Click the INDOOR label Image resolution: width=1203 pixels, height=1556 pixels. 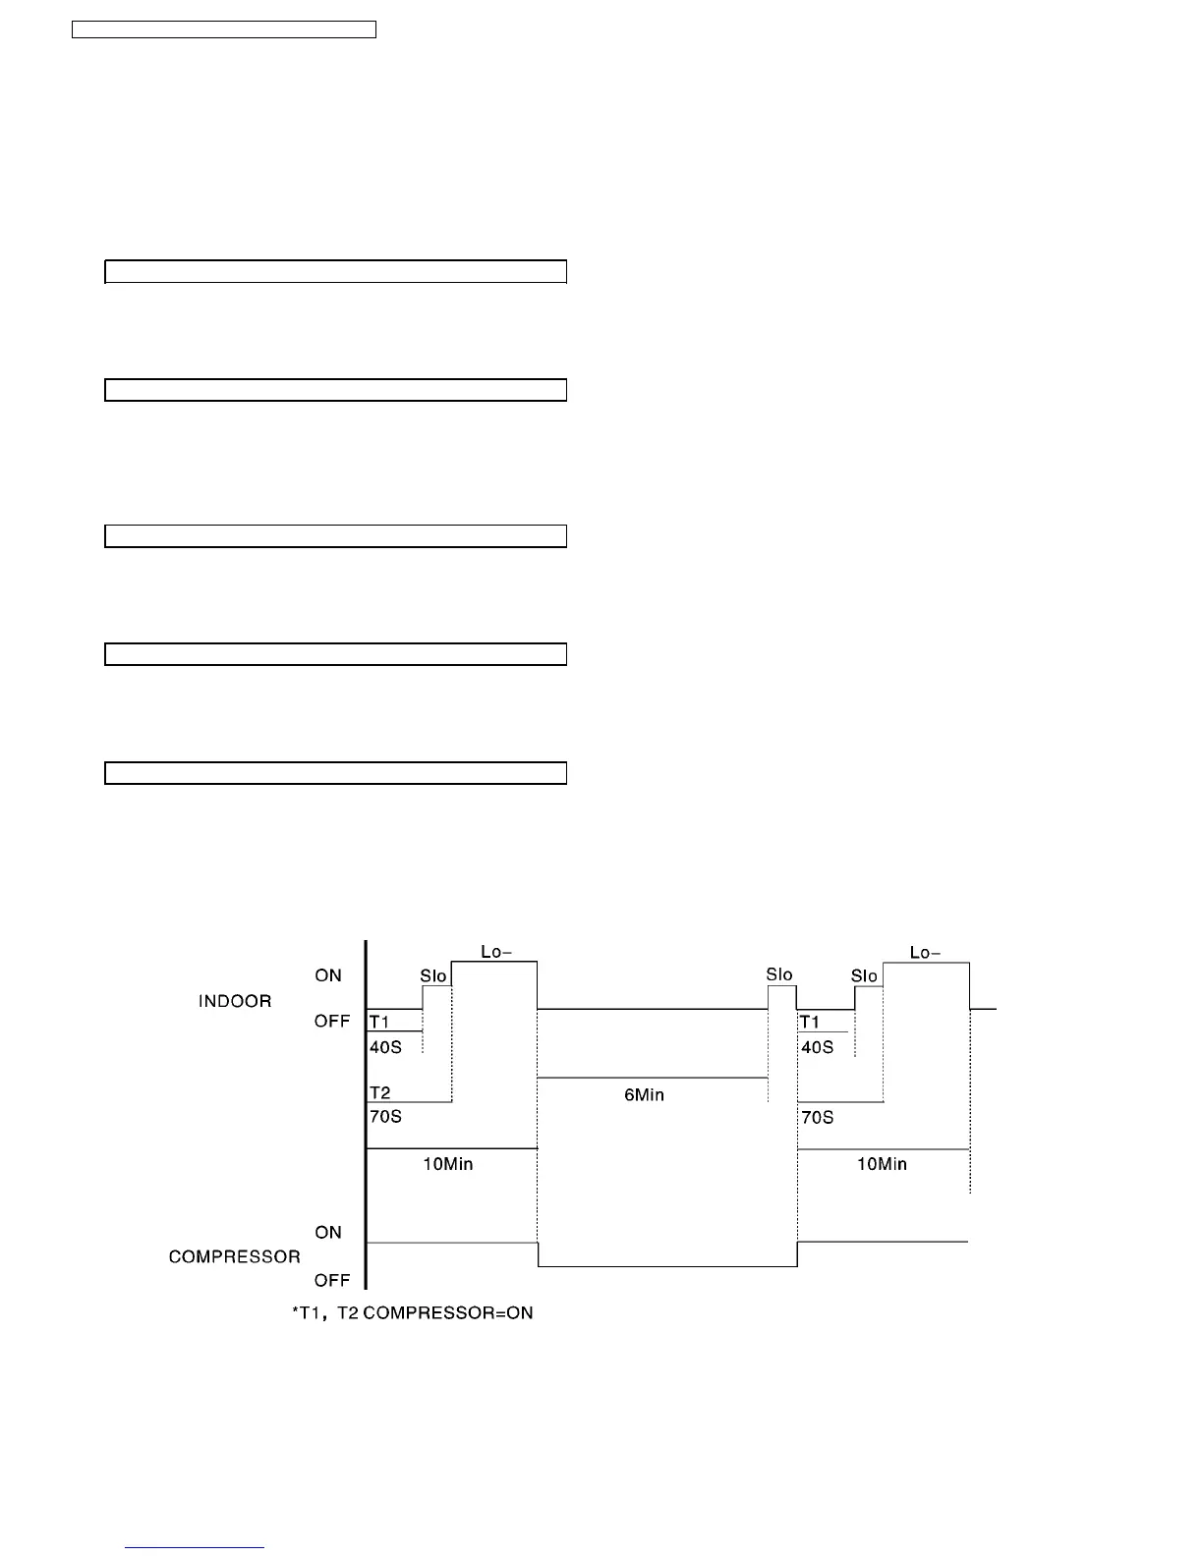coord(235,1001)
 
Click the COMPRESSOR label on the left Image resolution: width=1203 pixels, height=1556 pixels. coord(234,1256)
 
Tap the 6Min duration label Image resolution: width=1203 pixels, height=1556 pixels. coord(644,1094)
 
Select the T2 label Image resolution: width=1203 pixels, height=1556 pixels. coord(379,1092)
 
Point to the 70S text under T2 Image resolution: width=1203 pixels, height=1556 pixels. coord(385,1116)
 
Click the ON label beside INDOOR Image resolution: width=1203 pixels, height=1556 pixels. coord(328,975)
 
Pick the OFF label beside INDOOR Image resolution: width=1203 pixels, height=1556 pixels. coord(332,1021)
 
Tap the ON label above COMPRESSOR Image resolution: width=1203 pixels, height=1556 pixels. coord(328,1232)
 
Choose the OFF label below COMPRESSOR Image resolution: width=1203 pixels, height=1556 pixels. coord(332,1280)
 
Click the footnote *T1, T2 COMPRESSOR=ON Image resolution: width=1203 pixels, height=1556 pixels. coord(413,1312)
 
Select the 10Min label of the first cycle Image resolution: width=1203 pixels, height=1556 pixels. coord(448,1164)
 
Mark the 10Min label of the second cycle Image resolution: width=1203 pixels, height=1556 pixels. coord(882,1164)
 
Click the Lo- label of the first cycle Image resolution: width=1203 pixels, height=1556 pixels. coord(495,951)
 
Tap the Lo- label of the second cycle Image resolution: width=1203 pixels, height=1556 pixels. coord(925,952)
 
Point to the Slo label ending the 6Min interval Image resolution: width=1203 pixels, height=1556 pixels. coord(779,974)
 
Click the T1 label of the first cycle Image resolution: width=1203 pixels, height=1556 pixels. coord(379,1022)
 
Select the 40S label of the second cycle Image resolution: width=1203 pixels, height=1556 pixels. coord(817,1047)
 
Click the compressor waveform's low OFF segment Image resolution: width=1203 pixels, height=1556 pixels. coord(667,1266)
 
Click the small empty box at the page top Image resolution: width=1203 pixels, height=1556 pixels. coord(224,29)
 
